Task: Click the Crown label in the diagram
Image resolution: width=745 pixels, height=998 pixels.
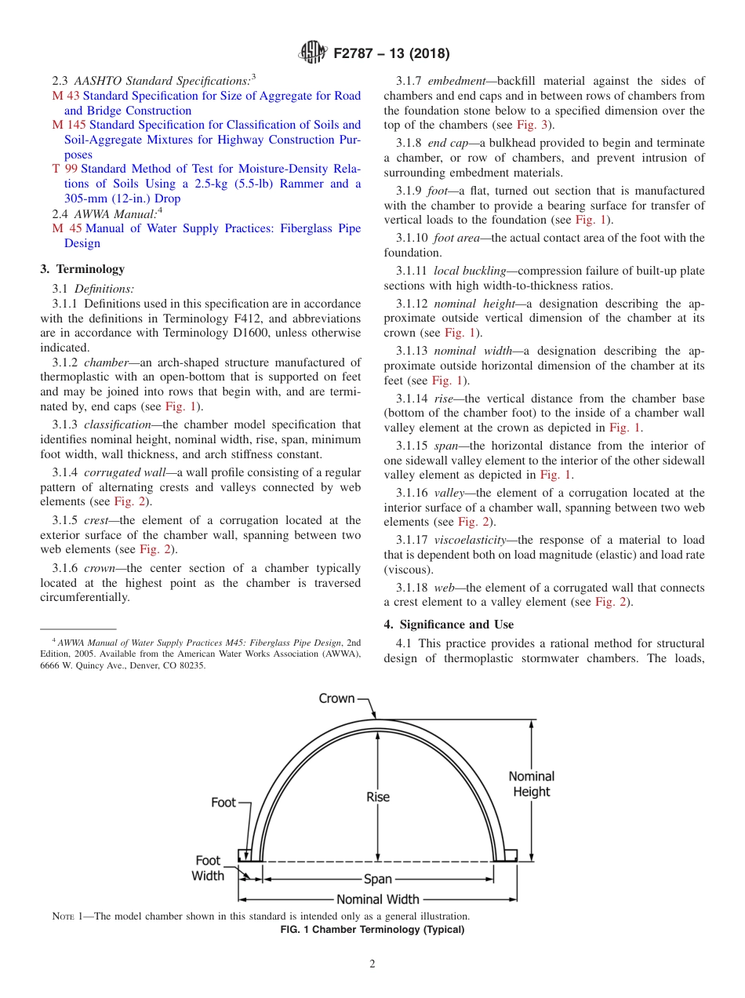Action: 336,698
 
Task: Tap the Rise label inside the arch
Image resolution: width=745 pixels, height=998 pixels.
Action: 378,797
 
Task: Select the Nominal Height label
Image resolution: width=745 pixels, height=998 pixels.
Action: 532,784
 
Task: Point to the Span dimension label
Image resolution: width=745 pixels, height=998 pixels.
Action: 378,880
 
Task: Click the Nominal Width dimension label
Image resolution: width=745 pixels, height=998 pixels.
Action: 378,899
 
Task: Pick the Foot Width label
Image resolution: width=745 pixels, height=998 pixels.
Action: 208,868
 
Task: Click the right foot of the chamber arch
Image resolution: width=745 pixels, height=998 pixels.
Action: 510,855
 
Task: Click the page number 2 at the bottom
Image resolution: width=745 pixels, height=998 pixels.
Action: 372,964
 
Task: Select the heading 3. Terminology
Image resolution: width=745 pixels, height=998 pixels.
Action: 82,269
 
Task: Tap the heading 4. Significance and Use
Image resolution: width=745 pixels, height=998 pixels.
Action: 449,625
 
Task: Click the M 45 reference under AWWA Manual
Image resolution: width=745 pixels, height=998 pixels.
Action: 66,228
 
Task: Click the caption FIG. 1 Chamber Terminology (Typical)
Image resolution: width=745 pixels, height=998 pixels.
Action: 372,930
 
